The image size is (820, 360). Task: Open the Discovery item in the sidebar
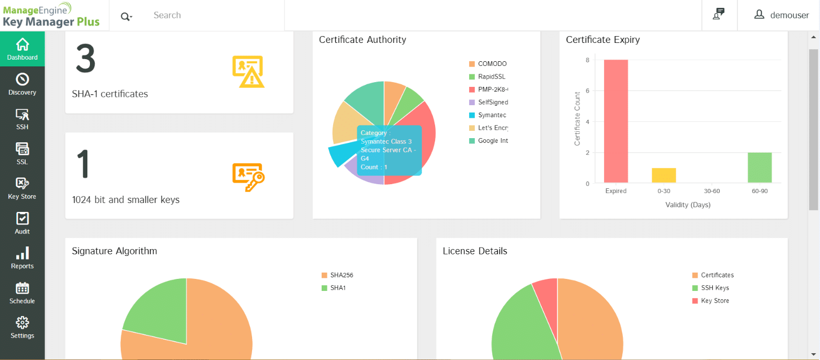[22, 84]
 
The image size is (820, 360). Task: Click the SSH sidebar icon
[22, 115]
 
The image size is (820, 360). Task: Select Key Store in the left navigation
[22, 188]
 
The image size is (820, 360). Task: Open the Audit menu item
[22, 223]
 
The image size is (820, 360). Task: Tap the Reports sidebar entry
[22, 258]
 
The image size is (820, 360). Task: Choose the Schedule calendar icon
[22, 288]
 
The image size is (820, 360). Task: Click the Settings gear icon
[22, 323]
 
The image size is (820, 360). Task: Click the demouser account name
[789, 15]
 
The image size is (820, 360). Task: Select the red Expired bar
[616, 121]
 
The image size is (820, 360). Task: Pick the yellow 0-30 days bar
[664, 175]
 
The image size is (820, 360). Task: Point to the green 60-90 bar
[759, 168]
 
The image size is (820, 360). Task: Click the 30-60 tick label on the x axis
[712, 191]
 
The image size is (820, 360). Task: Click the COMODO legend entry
[488, 64]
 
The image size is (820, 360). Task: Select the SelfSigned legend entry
[488, 102]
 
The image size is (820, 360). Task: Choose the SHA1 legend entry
[334, 288]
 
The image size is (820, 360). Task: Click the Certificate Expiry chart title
[602, 40]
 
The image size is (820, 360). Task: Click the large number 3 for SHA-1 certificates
[86, 59]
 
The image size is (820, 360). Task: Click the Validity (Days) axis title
[688, 205]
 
